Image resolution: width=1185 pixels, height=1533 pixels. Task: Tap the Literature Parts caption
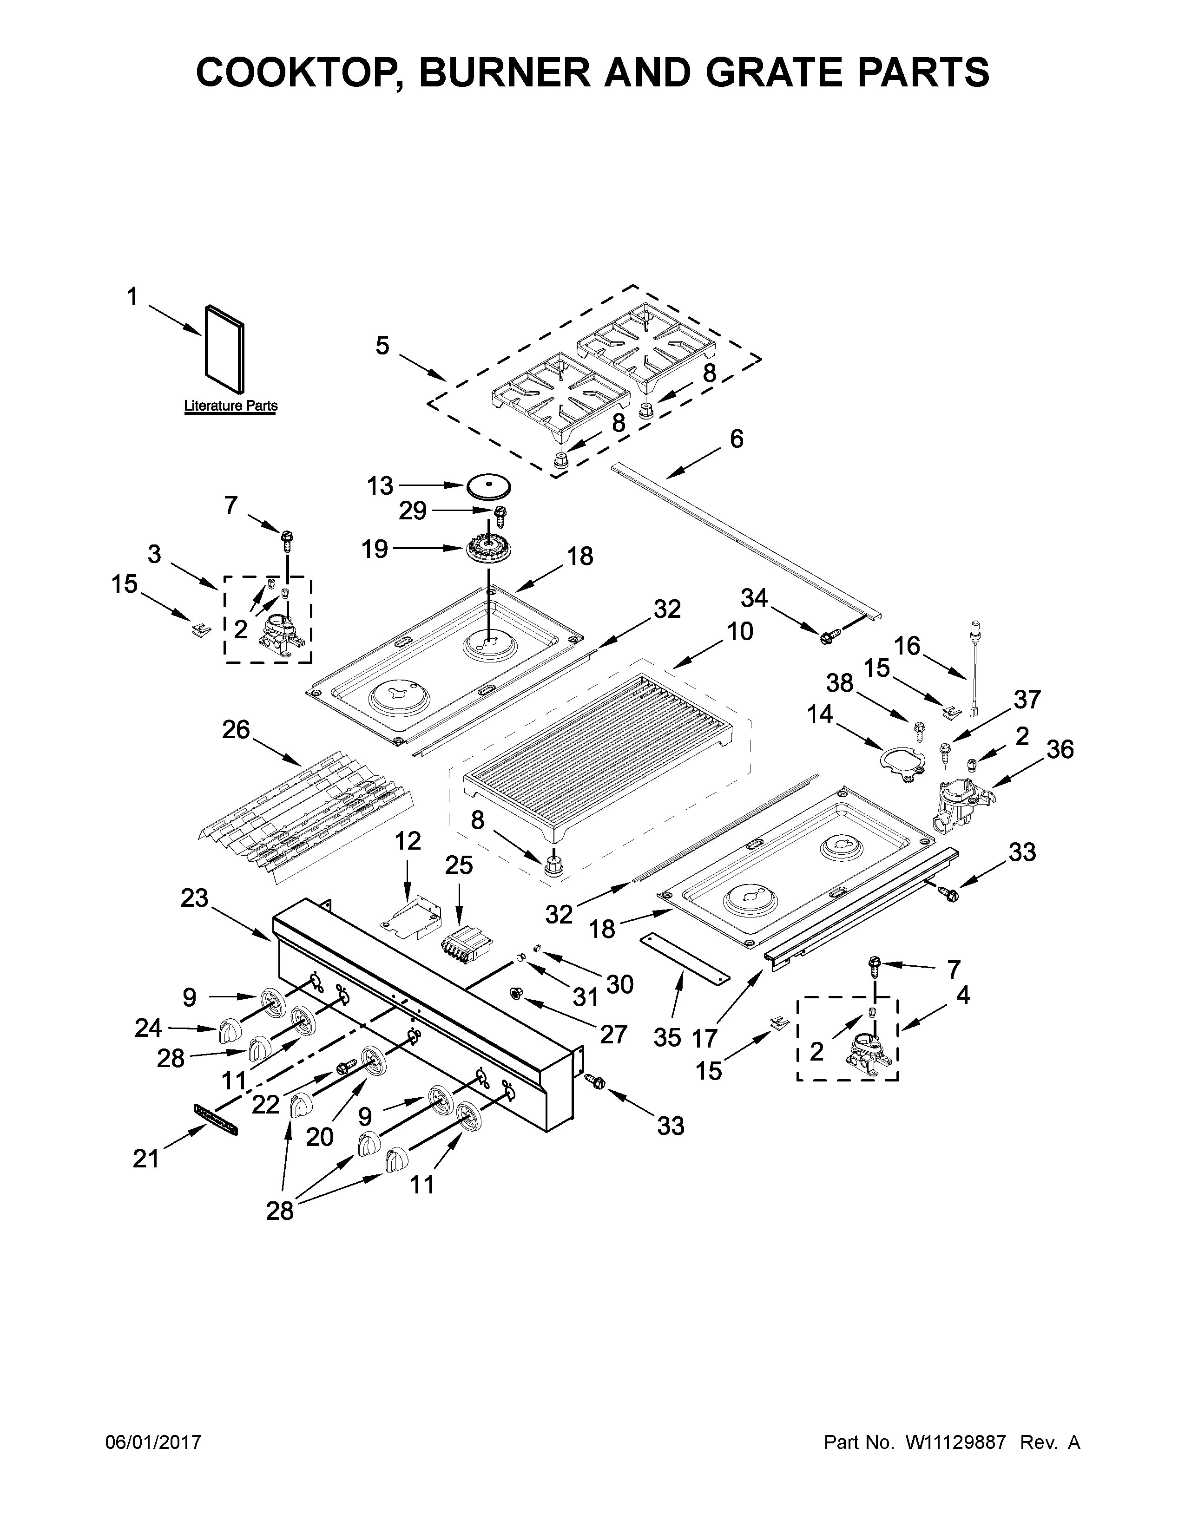(230, 406)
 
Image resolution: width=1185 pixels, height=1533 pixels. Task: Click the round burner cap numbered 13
(488, 486)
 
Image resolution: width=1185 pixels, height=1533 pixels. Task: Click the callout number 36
(1060, 750)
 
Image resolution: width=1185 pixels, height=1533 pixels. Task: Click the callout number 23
(194, 898)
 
